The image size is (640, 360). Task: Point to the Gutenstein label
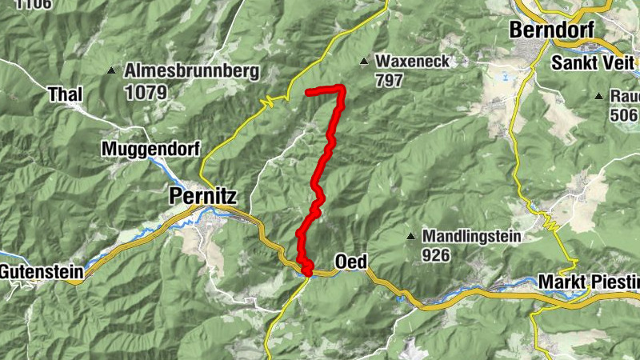coord(42,272)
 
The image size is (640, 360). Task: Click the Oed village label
coord(350,262)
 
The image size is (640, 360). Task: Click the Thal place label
coord(66,94)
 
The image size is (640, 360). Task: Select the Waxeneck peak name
coord(413,62)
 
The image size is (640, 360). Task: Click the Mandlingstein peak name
coord(472,237)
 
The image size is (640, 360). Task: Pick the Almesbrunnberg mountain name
coord(192,72)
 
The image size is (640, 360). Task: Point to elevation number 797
coord(390,80)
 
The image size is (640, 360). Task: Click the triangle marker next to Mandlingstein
coord(410,237)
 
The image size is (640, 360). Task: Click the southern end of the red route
coord(306,274)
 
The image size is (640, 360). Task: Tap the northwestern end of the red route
coord(309,92)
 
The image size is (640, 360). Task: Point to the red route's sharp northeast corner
coord(342,88)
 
